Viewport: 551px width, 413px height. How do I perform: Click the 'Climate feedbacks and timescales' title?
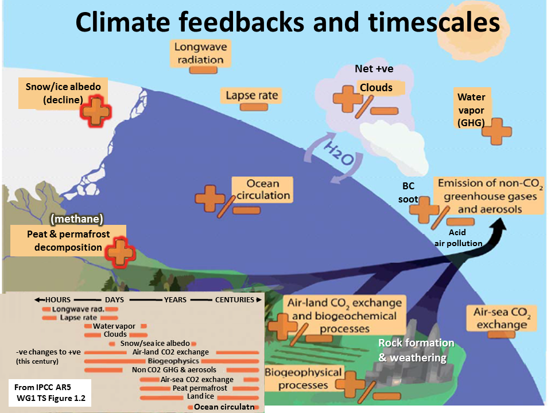(x=288, y=22)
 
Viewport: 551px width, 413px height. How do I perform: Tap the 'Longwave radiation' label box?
(x=201, y=53)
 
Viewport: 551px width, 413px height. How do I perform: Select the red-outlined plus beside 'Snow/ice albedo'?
(x=95, y=111)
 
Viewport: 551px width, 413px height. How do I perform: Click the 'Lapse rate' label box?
(x=251, y=96)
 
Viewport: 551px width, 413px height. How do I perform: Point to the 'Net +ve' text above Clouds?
(x=374, y=68)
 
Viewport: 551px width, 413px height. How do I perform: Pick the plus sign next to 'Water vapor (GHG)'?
(x=496, y=131)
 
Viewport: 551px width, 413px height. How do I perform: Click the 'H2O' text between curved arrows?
(x=339, y=154)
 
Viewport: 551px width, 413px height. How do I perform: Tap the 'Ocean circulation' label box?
(x=262, y=190)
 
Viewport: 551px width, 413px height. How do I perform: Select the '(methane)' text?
(x=77, y=219)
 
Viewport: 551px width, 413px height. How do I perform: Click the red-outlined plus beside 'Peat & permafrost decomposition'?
(x=120, y=252)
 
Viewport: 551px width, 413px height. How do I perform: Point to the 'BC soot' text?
(x=408, y=193)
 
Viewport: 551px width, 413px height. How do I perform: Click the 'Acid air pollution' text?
(x=458, y=237)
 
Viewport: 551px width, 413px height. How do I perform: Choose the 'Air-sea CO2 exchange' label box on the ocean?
(x=502, y=318)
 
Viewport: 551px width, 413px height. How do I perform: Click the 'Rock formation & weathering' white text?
(x=416, y=350)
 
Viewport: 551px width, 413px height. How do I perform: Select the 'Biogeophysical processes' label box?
(x=303, y=379)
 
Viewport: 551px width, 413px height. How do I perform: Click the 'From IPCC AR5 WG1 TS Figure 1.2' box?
(x=50, y=392)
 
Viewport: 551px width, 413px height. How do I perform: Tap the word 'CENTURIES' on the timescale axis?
(x=234, y=299)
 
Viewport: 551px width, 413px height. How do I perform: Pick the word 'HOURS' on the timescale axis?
(x=57, y=299)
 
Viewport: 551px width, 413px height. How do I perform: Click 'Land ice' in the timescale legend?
(x=200, y=396)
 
